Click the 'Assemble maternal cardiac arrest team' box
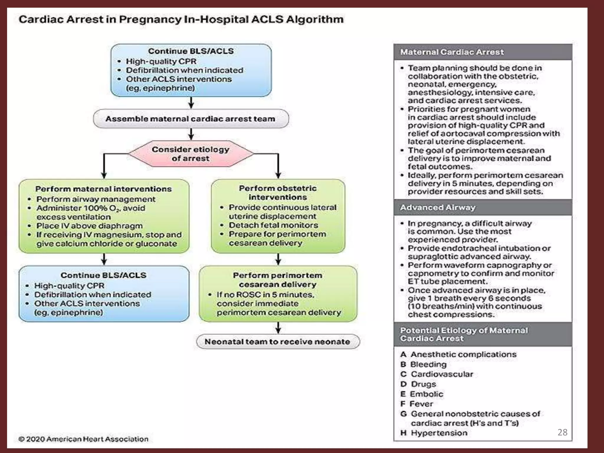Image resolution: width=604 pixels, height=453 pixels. [x=191, y=119]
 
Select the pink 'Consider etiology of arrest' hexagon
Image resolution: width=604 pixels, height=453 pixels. [x=191, y=154]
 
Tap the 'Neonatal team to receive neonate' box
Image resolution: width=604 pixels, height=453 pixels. [x=278, y=342]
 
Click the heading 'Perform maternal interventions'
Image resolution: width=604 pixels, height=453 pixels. [x=104, y=189]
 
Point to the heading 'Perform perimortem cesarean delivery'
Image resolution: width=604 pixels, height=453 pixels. [x=278, y=280]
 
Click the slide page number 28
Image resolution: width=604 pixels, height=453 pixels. [x=562, y=432]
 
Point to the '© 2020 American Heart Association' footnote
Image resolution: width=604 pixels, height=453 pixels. [x=83, y=439]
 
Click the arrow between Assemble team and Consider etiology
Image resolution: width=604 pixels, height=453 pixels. [x=191, y=134]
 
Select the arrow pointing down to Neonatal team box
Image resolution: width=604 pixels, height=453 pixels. [x=278, y=328]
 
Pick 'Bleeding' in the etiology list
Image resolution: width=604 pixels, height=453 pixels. [x=428, y=364]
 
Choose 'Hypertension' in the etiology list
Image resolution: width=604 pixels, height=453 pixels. [x=439, y=433]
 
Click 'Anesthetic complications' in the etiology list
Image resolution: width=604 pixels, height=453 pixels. [x=463, y=354]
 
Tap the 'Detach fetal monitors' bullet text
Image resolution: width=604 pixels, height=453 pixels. [x=273, y=225]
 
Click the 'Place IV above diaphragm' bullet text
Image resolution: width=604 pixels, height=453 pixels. [x=89, y=226]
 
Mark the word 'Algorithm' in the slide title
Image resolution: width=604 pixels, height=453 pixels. [x=315, y=19]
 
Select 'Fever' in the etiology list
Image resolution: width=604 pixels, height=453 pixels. [x=421, y=404]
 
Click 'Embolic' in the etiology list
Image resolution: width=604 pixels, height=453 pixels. [x=426, y=394]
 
